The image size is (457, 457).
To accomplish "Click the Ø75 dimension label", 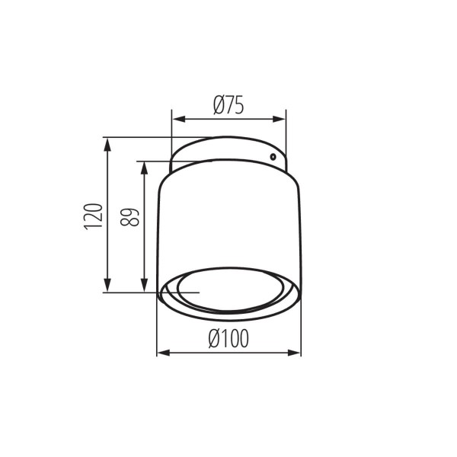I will click(x=228, y=106).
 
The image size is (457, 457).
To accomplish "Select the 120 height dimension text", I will click(x=93, y=216).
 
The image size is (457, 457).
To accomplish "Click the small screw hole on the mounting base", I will click(x=272, y=156).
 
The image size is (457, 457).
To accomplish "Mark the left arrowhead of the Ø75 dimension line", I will click(x=175, y=119).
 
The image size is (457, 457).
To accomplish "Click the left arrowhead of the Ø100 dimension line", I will click(x=161, y=353).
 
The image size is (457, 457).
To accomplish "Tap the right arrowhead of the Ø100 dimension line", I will click(x=296, y=353).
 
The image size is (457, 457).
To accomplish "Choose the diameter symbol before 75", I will click(x=216, y=106).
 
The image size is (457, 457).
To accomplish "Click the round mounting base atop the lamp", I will click(x=228, y=152).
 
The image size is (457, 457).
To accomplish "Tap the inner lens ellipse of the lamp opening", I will click(x=228, y=290).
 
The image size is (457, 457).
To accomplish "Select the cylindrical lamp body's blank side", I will click(x=228, y=221).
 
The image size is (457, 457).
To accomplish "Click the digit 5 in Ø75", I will click(x=238, y=106).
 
